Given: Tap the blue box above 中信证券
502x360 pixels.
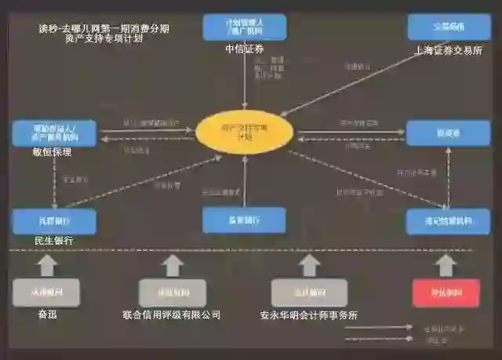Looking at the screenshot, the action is [x=244, y=27].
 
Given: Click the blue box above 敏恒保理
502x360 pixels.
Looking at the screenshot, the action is [x=54, y=133].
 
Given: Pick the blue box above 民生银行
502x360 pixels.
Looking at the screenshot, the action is [x=54, y=221].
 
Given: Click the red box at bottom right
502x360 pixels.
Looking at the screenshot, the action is [x=446, y=293].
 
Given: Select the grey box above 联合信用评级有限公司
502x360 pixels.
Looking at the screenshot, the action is [x=172, y=293].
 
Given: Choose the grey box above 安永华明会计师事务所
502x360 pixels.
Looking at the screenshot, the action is [x=309, y=293].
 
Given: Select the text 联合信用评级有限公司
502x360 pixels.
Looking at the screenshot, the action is [x=172, y=315].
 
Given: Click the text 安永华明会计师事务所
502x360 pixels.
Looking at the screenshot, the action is [x=309, y=316].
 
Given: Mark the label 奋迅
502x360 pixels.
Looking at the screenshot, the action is [x=48, y=315].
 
